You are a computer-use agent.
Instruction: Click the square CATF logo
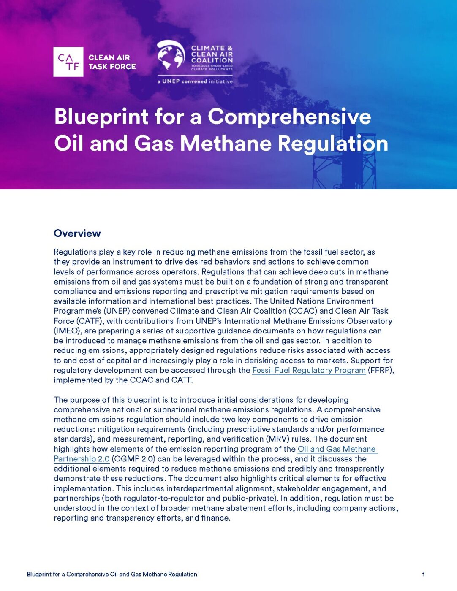click(x=68, y=62)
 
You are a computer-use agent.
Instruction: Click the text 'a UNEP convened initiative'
click(x=195, y=81)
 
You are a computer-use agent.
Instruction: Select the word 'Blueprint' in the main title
click(x=101, y=117)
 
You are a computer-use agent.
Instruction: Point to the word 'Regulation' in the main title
click(x=333, y=143)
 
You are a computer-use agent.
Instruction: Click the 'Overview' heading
click(x=77, y=233)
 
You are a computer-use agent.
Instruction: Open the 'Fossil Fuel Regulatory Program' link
click(x=309, y=370)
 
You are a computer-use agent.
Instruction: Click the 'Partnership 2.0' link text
click(x=82, y=459)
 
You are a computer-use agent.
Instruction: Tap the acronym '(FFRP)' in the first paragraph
click(x=381, y=370)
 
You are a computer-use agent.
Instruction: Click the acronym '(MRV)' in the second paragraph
click(x=277, y=439)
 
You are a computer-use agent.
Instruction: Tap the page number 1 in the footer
click(x=423, y=574)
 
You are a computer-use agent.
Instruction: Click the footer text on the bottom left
click(x=112, y=574)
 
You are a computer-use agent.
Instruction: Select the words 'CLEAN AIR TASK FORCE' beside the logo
click(x=112, y=62)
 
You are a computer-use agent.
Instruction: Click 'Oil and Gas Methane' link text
click(x=337, y=449)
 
